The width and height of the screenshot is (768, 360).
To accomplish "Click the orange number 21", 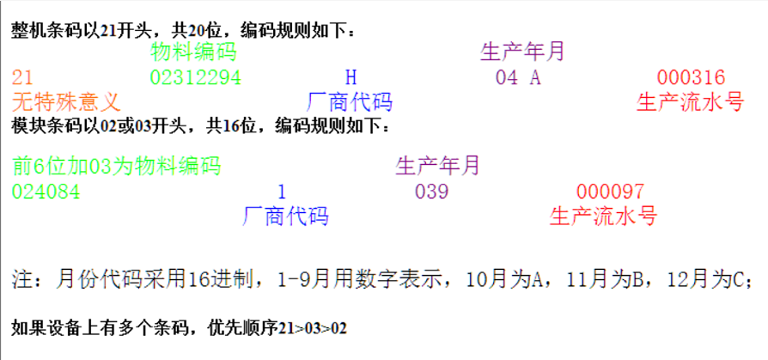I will point(23,77).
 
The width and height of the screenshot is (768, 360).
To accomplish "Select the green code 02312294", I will point(195,77).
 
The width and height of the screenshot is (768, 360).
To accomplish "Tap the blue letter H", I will point(350,77).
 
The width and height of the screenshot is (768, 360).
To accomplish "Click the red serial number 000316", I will point(691,77).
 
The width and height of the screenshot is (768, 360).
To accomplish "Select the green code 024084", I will point(46,191).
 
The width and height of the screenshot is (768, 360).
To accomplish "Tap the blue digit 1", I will point(282,191).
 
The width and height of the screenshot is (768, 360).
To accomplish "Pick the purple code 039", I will point(431,191).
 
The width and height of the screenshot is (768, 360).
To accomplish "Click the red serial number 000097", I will point(610,191).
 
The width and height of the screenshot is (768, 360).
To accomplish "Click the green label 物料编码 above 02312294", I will point(193,52).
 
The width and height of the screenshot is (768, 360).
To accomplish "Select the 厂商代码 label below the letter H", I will point(350,102).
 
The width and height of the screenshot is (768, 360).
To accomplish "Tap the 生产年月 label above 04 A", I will point(522,52).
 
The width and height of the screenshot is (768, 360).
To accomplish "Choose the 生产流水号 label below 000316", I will point(690,102).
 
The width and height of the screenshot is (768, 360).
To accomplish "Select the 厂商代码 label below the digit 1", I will point(286,215).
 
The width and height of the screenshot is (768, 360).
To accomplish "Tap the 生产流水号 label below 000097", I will point(603,215).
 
